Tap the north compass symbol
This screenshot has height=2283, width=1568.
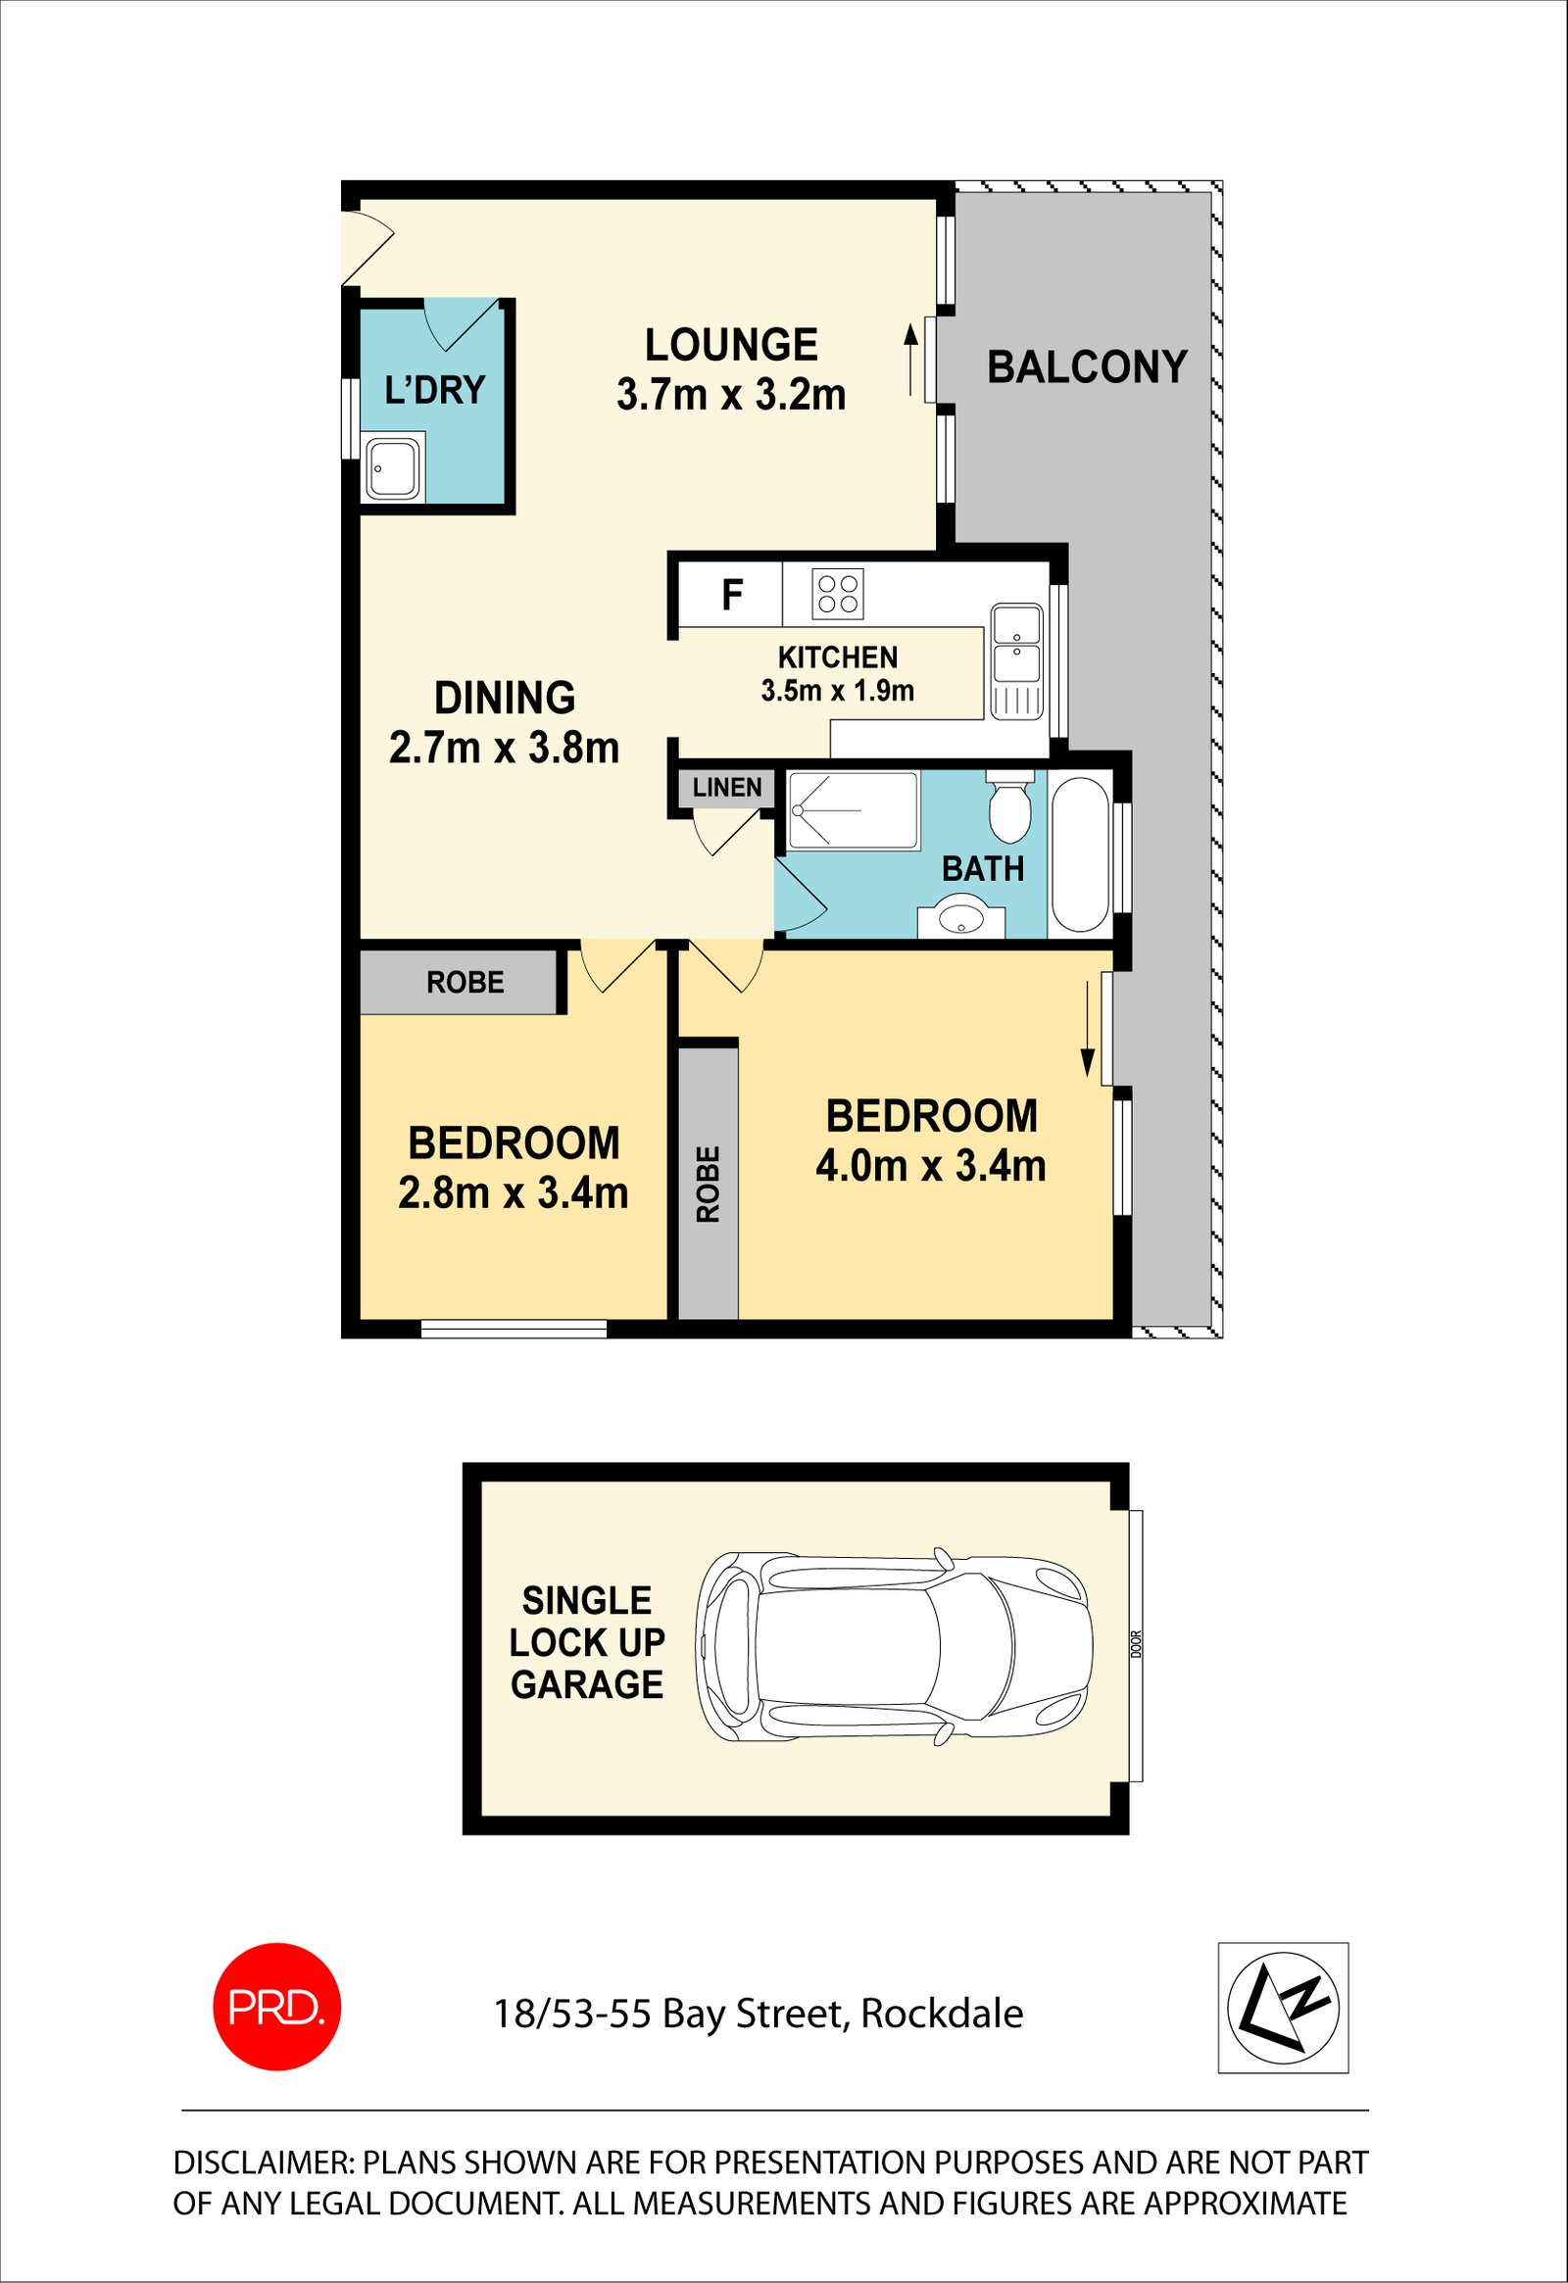pyautogui.click(x=1283, y=2007)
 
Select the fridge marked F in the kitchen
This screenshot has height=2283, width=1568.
pyautogui.click(x=731, y=595)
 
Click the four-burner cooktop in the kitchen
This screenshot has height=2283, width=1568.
pyautogui.click(x=838, y=594)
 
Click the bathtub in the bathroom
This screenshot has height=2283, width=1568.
pyautogui.click(x=1081, y=853)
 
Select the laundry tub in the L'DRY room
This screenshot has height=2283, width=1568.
pyautogui.click(x=393, y=468)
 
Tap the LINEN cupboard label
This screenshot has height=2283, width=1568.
pyautogui.click(x=727, y=787)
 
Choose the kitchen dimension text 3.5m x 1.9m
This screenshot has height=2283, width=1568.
pyautogui.click(x=837, y=691)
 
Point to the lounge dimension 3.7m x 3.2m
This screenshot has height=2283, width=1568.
pyautogui.click(x=731, y=395)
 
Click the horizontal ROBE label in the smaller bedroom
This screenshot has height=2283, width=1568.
pyautogui.click(x=465, y=983)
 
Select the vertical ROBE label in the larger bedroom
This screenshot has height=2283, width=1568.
pyautogui.click(x=708, y=1184)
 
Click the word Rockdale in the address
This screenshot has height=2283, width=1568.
pyautogui.click(x=942, y=2014)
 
